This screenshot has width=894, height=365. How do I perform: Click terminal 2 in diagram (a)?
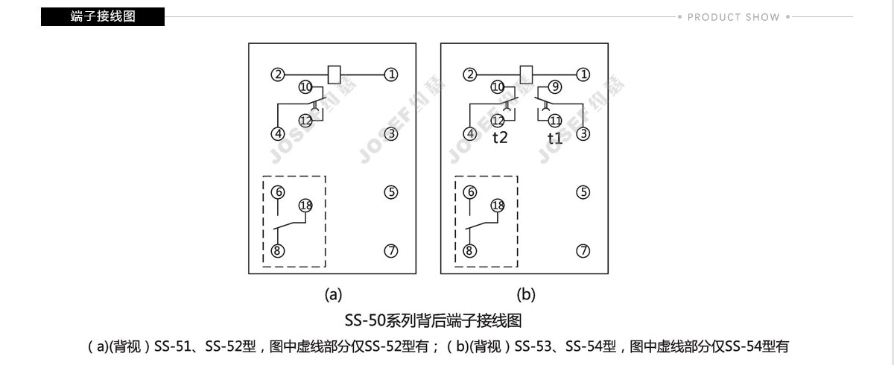(278, 74)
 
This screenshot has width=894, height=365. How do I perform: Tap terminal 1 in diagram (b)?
(583, 74)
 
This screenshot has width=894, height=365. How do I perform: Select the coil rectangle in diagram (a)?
(334, 74)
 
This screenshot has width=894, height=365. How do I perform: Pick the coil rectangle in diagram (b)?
(526, 74)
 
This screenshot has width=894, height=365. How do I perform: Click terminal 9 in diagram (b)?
(555, 87)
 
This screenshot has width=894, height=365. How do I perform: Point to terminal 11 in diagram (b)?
(555, 120)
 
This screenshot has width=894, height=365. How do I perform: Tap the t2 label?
(500, 137)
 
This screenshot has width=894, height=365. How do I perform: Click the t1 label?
(555, 138)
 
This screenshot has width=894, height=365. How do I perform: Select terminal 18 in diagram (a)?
(305, 206)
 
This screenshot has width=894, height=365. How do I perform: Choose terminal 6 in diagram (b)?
(470, 192)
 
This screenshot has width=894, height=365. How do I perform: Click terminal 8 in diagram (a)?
(278, 251)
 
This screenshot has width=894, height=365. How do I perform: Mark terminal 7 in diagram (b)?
(583, 251)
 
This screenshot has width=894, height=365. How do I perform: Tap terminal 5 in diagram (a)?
(391, 192)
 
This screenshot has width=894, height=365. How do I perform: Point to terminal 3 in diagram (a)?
(391, 133)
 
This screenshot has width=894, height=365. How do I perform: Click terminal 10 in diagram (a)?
(305, 87)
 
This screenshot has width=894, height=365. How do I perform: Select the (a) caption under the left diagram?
(333, 295)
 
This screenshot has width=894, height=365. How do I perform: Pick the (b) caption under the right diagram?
(526, 295)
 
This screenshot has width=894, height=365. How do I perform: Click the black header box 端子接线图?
(103, 16)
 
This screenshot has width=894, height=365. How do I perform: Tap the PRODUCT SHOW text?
(733, 17)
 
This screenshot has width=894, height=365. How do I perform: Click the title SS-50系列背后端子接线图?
(433, 321)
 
